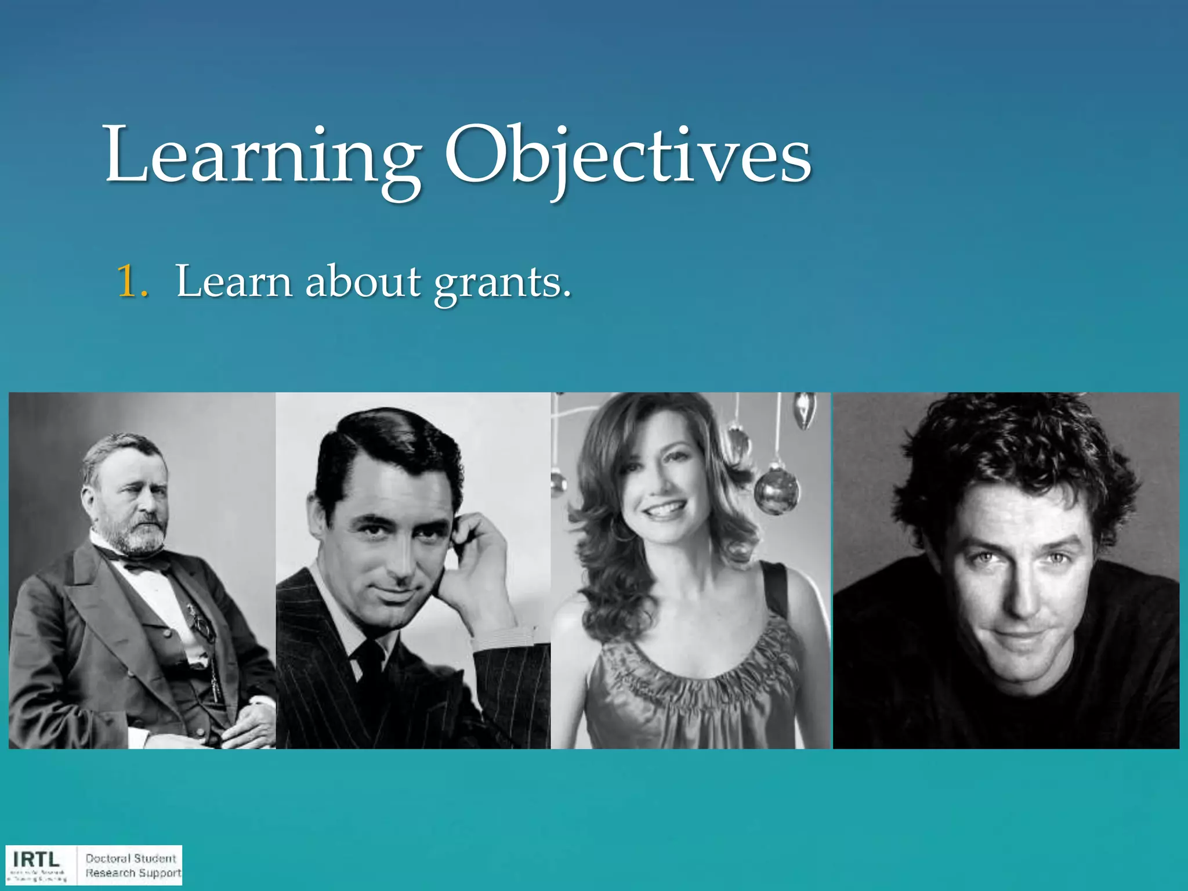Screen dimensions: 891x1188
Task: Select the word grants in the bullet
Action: tap(502, 282)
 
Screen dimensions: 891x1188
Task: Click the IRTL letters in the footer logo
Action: tap(36, 859)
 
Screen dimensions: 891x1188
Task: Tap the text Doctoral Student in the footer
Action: tap(131, 858)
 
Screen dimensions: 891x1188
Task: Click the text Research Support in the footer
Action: tap(133, 873)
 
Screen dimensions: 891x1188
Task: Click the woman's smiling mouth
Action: tap(663, 509)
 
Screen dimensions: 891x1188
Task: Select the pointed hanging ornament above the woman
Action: tap(803, 409)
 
